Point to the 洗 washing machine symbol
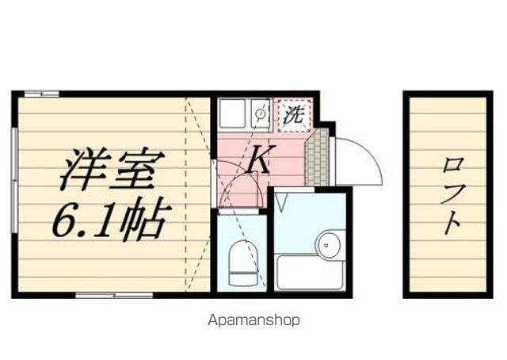click(294, 114)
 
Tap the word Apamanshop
click(253, 320)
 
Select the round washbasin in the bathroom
click(329, 245)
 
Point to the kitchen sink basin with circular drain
click(259, 113)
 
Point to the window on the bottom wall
click(114, 296)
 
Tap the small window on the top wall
click(42, 94)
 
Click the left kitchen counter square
click(232, 113)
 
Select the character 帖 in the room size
click(147, 220)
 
